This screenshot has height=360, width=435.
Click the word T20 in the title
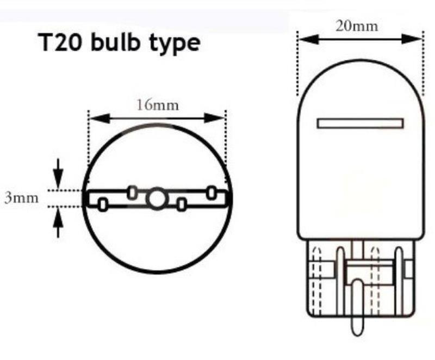pos(60,42)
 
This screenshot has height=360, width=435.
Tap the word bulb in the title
pos(118,42)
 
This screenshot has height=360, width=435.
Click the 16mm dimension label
pos(157,104)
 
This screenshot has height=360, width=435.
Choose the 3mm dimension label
pos(22,198)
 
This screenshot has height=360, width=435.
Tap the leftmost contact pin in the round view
pos(102,204)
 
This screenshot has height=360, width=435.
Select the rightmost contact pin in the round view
pos(212,191)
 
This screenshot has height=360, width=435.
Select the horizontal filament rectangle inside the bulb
pos(360,123)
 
